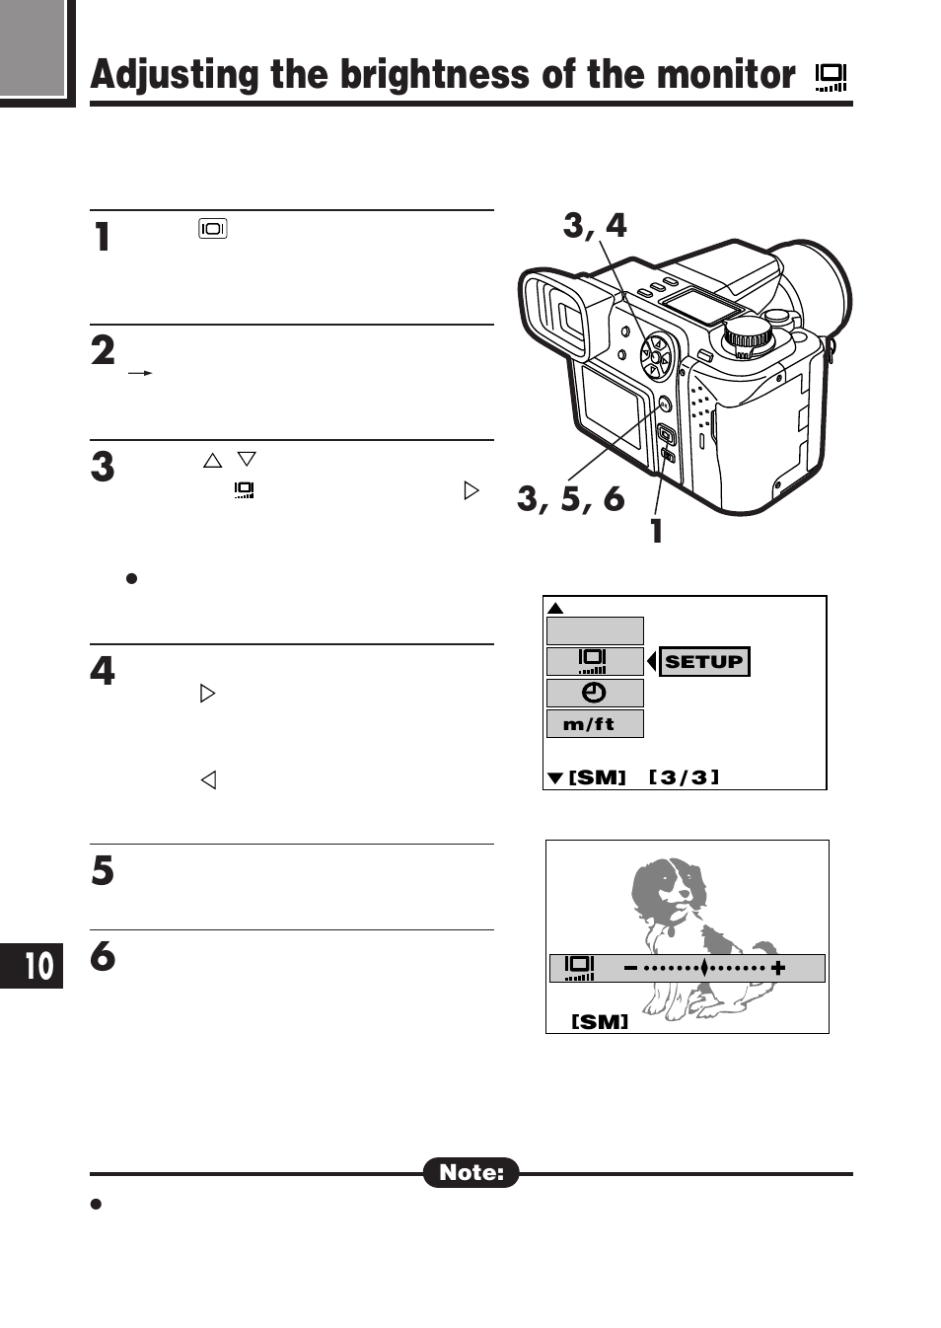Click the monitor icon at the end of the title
(831, 77)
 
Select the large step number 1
(102, 238)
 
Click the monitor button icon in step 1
(212, 229)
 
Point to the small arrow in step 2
(140, 373)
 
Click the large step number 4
(103, 671)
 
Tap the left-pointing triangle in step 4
(208, 779)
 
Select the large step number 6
(103, 956)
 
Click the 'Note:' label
(470, 1172)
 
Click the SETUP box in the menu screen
(703, 661)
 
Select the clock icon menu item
(594, 693)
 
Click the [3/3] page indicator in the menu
(684, 777)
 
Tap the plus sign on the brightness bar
(778, 968)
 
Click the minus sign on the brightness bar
(630, 968)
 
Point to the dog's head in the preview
(669, 883)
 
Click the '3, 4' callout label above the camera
(595, 226)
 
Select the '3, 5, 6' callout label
(570, 499)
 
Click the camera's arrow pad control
(656, 356)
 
